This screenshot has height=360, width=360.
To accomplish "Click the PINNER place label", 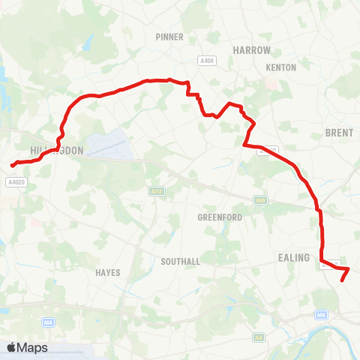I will point(164,36).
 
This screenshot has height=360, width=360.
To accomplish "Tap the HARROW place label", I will point(251,49).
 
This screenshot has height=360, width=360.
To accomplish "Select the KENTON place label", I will point(281,67).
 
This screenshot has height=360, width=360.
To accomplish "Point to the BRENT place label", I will point(334,132).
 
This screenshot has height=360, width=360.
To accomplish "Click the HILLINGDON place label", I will point(56,151).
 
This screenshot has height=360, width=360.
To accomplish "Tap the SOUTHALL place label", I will point(180,262).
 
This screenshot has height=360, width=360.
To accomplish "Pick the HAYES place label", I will point(108,273).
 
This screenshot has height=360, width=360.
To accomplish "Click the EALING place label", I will point(294,258).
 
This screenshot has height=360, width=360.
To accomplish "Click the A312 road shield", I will point(156,192).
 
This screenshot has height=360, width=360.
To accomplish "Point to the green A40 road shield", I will point(260,200).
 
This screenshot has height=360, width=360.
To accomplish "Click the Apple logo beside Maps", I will point(12,347).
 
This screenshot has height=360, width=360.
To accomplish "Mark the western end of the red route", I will point(12,165).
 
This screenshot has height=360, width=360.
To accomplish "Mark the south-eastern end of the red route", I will point(342,280).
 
